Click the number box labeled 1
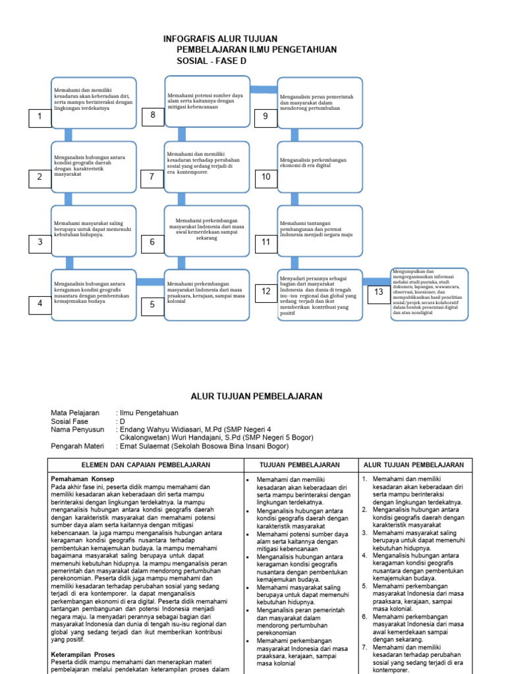click(x=40, y=117)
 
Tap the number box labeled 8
click(x=152, y=116)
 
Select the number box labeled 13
click(x=378, y=292)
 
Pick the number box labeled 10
click(x=266, y=176)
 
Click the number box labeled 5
click(x=152, y=305)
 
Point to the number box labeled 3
click(x=40, y=242)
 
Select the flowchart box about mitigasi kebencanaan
click(x=208, y=101)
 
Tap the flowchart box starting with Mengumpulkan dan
click(x=429, y=294)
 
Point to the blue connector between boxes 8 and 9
click(x=263, y=90)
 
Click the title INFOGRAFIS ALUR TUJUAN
click(x=220, y=39)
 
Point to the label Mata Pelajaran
click(x=75, y=413)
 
